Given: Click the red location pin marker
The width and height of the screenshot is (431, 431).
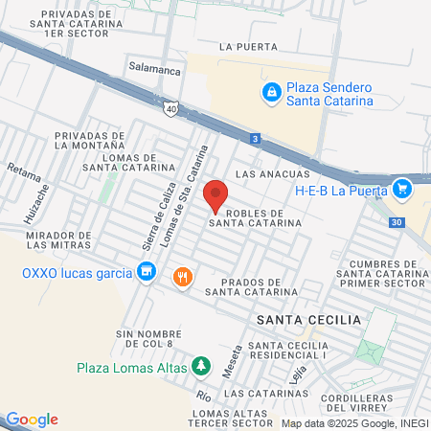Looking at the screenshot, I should pyautogui.click(x=216, y=194).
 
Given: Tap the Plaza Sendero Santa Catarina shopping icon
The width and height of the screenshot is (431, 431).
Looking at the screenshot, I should pyautogui.click(x=271, y=92).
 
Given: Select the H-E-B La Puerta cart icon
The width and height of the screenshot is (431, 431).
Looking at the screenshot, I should pyautogui.click(x=402, y=188).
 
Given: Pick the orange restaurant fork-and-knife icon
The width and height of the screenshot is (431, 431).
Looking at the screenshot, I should pyautogui.click(x=181, y=278).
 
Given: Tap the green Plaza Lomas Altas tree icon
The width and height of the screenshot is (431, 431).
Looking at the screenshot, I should pyautogui.click(x=200, y=365).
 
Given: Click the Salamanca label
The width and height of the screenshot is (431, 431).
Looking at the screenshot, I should pyautogui.click(x=155, y=69).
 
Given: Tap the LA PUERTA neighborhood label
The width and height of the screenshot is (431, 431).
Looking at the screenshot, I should pyautogui.click(x=248, y=46).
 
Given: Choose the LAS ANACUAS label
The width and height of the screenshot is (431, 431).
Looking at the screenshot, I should pyautogui.click(x=273, y=174).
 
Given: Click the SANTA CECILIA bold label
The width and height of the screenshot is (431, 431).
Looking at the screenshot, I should pyautogui.click(x=308, y=319).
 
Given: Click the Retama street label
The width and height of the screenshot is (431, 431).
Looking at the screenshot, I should pyautogui.click(x=25, y=173).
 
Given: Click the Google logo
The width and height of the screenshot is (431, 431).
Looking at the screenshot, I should pyautogui.click(x=32, y=420).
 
